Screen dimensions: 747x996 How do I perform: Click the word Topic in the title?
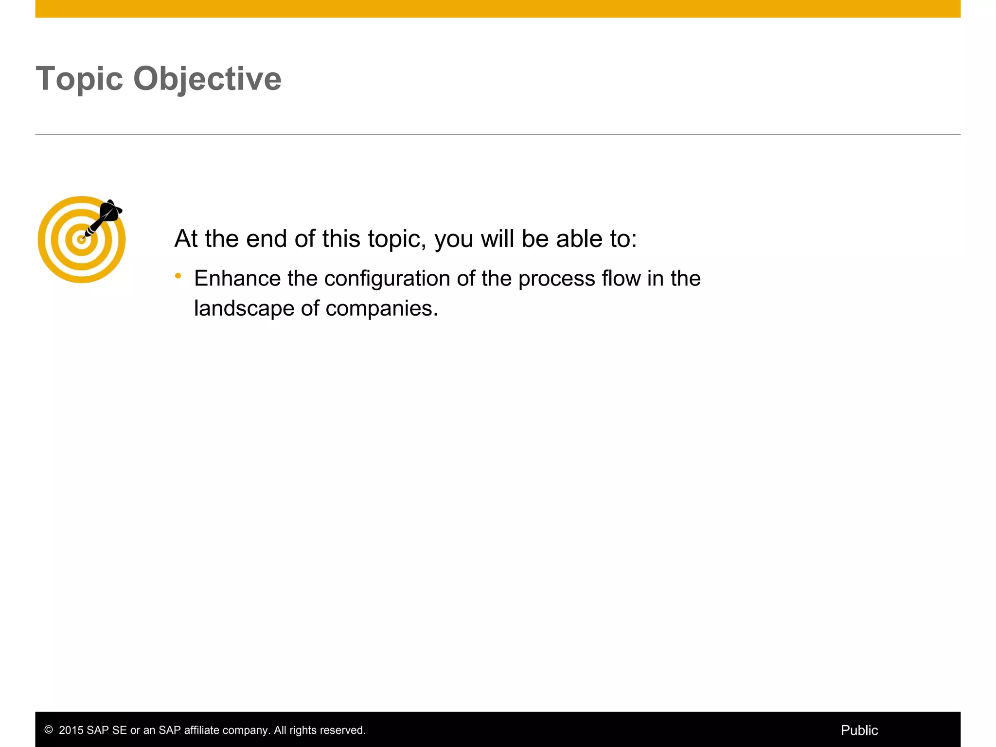pyautogui.click(x=79, y=79)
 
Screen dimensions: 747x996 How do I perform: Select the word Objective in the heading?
pyautogui.click(x=207, y=79)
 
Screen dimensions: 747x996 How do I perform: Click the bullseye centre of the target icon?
pyautogui.click(x=81, y=239)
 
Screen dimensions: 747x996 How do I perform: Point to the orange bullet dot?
pyautogui.click(x=178, y=276)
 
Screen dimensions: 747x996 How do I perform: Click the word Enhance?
pyautogui.click(x=237, y=279)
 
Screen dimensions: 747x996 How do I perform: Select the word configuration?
pyautogui.click(x=387, y=279)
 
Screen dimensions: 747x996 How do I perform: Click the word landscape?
pyautogui.click(x=244, y=308)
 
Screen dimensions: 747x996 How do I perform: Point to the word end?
pyautogui.click(x=266, y=239)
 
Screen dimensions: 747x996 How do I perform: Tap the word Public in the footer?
pyautogui.click(x=859, y=730)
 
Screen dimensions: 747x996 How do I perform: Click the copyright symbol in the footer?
pyautogui.click(x=49, y=730)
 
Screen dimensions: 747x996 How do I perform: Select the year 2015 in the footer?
pyautogui.click(x=71, y=730)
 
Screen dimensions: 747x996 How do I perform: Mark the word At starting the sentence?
pyautogui.click(x=186, y=239)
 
